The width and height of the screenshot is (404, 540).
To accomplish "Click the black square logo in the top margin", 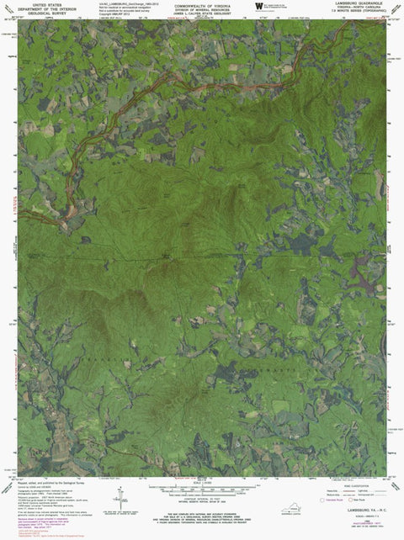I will (x=258, y=6).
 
